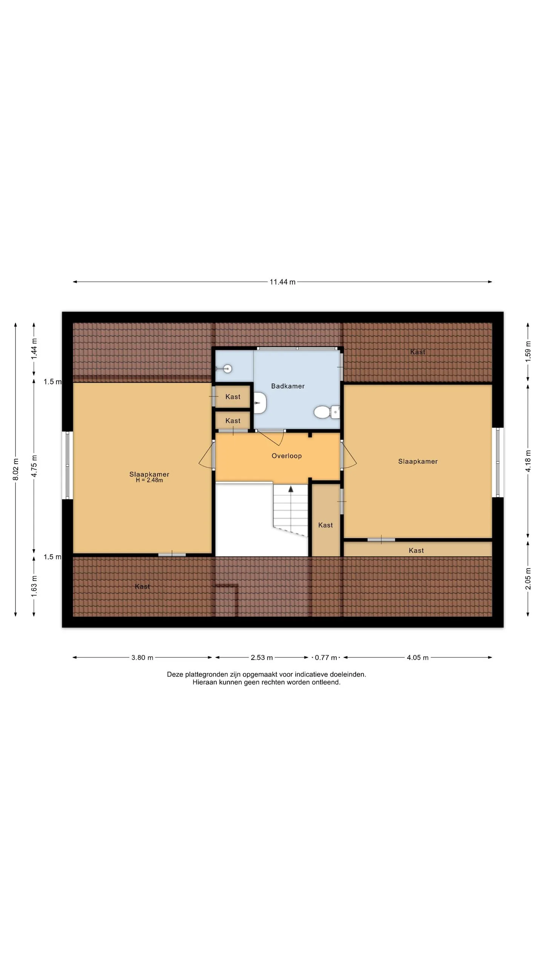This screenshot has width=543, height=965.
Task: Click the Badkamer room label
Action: [x=288, y=386]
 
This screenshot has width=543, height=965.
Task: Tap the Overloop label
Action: [x=287, y=456]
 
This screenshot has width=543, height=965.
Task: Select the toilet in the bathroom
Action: [x=327, y=412]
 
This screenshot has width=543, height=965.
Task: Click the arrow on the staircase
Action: [x=291, y=489]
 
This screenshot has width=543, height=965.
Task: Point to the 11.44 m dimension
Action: [x=282, y=282]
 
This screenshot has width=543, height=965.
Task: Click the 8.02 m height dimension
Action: [x=15, y=469]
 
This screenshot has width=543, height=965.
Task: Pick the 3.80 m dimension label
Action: [x=142, y=657]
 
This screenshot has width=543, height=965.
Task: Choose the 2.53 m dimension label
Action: [x=262, y=657]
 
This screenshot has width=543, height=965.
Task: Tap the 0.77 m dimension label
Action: [x=326, y=657]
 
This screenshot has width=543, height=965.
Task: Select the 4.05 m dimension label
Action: [x=417, y=657]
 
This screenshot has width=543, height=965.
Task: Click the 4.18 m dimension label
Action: [x=528, y=461]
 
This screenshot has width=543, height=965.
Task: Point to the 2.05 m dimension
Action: [x=528, y=579]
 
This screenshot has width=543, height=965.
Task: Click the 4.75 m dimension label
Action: [x=34, y=466]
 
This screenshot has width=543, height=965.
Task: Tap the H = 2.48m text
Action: [x=149, y=480]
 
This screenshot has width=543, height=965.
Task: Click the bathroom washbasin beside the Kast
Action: [x=260, y=403]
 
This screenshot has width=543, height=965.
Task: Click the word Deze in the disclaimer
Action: [x=175, y=674]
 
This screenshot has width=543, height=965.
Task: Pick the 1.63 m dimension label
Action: [x=34, y=586]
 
